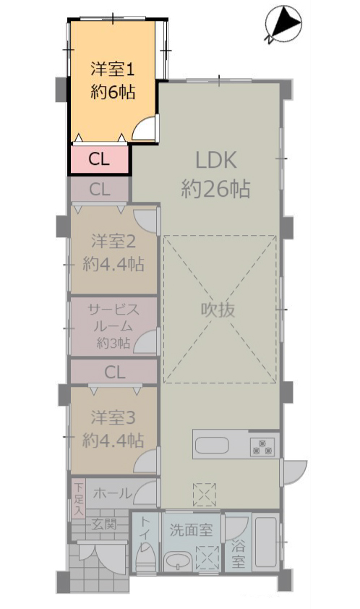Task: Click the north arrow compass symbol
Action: (x=283, y=24)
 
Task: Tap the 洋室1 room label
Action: (x=113, y=69)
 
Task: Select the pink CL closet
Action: (x=100, y=159)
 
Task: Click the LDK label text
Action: (x=216, y=161)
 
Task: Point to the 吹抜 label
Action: (x=218, y=310)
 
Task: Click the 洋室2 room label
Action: (x=113, y=242)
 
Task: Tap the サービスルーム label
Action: (x=113, y=318)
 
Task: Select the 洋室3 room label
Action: (x=113, y=418)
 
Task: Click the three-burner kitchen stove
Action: (x=262, y=447)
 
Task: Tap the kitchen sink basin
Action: (x=212, y=446)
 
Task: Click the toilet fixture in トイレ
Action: (x=145, y=558)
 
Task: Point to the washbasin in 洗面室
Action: (x=178, y=561)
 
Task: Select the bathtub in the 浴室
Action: (x=267, y=542)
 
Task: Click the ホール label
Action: (x=113, y=493)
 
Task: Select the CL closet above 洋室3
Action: (x=114, y=372)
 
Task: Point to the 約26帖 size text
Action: (x=216, y=189)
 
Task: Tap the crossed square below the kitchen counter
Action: (x=205, y=495)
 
